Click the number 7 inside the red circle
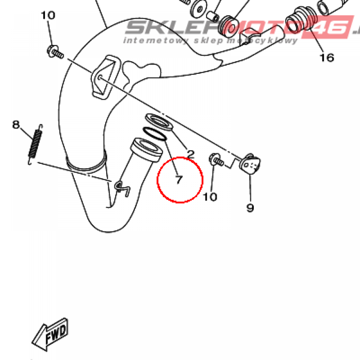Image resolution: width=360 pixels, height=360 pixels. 179,180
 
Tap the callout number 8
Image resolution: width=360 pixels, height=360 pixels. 16,125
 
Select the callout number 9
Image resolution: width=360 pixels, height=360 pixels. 250,208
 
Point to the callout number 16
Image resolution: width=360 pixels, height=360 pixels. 327,57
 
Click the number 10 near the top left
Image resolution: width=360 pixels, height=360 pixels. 48,15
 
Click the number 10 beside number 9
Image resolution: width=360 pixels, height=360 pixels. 210,197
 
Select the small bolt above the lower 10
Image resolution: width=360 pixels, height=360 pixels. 216,160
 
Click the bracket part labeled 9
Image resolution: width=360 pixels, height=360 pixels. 250,164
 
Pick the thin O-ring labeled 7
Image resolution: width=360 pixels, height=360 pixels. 155,134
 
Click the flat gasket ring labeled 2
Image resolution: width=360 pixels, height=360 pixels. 159,121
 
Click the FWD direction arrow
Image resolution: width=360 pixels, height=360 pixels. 50,334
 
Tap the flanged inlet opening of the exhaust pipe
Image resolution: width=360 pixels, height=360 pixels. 147,149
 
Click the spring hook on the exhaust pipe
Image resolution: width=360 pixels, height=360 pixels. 122,188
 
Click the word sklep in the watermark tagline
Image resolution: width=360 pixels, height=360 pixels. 208,41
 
